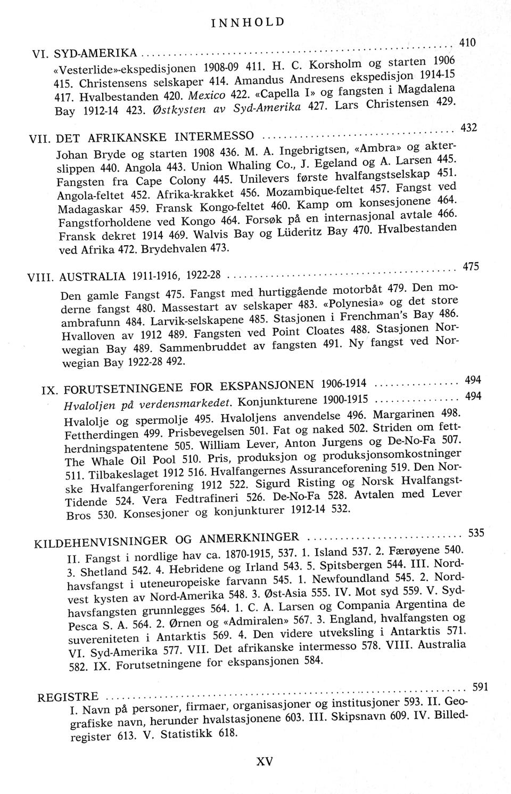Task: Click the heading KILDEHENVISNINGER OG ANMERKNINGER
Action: pos(166,539)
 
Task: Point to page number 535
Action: pos(475,532)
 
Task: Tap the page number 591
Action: pos(480,687)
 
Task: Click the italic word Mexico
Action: pos(188,97)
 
